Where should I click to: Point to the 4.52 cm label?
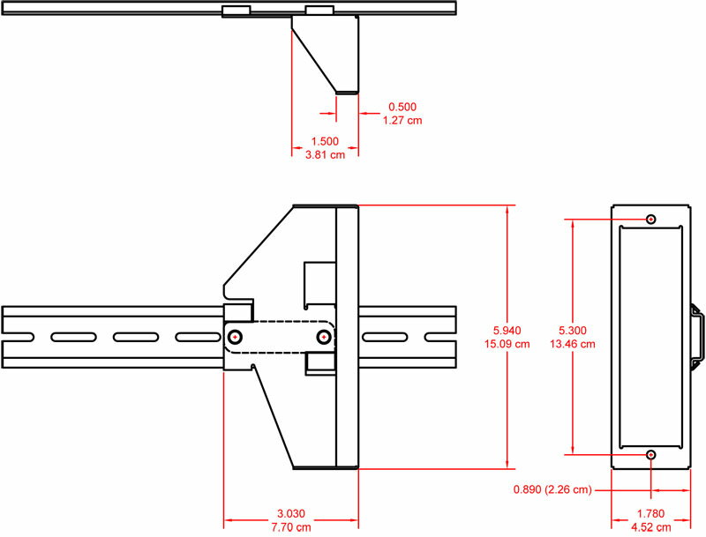click(650, 528)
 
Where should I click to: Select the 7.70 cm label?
click(290, 528)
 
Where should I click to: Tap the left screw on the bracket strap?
click(237, 337)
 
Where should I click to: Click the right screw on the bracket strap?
click(325, 337)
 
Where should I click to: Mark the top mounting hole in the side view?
click(651, 219)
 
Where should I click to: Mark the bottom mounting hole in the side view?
click(651, 455)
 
